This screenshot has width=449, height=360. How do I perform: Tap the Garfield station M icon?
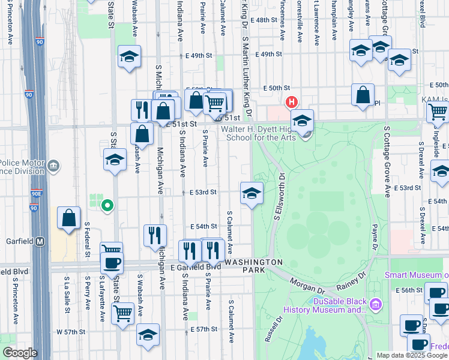(x=40, y=241)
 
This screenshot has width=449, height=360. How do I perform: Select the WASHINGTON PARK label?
(x=255, y=266)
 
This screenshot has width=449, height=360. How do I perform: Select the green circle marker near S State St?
(x=107, y=206)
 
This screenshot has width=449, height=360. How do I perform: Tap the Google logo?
(x=20, y=353)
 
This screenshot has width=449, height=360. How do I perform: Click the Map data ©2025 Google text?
(x=412, y=355)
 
